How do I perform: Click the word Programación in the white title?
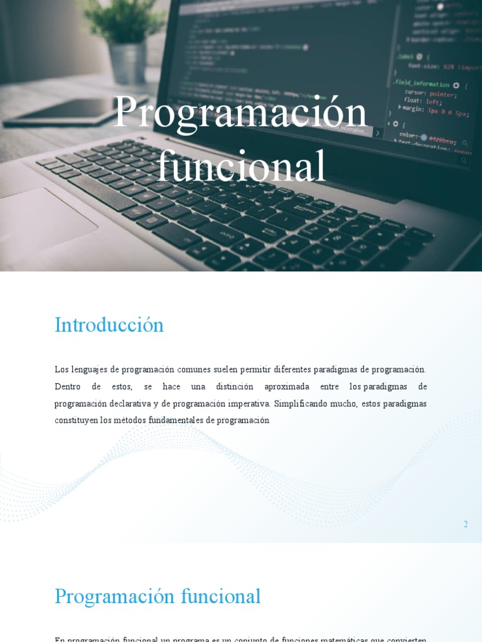239,113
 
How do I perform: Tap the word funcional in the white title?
241,167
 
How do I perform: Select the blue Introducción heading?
109,325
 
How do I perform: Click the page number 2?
466,524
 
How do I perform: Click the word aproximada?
287,387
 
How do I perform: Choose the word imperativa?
245,404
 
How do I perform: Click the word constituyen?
76,421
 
